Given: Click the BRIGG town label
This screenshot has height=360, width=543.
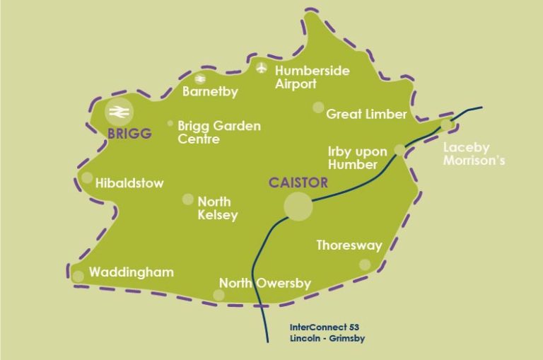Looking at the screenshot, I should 129,132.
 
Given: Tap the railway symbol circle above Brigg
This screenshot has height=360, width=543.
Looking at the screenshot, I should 118,112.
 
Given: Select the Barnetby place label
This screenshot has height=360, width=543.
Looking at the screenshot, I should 210,91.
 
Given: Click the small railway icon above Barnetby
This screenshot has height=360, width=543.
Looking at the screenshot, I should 200,79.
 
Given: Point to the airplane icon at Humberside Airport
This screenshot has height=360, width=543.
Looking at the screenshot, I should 263,69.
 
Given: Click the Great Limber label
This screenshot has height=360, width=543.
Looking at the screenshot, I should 366,114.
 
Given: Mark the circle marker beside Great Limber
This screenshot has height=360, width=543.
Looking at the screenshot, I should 318,108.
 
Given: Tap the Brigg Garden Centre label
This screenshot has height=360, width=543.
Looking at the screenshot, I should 219,132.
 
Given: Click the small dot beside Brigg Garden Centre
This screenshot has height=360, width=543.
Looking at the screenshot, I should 170,124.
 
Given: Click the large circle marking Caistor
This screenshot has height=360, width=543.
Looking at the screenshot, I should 298,207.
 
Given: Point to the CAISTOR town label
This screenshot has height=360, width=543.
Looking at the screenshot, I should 298,182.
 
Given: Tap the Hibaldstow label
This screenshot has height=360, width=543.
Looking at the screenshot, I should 129,183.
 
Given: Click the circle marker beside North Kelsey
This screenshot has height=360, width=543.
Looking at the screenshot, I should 187,199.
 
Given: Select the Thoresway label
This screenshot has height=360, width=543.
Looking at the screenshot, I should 349,245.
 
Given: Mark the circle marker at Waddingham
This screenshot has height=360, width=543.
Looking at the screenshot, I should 78,277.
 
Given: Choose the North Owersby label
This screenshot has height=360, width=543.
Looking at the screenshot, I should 264,283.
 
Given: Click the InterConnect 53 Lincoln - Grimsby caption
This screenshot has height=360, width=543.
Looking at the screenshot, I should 327,332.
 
